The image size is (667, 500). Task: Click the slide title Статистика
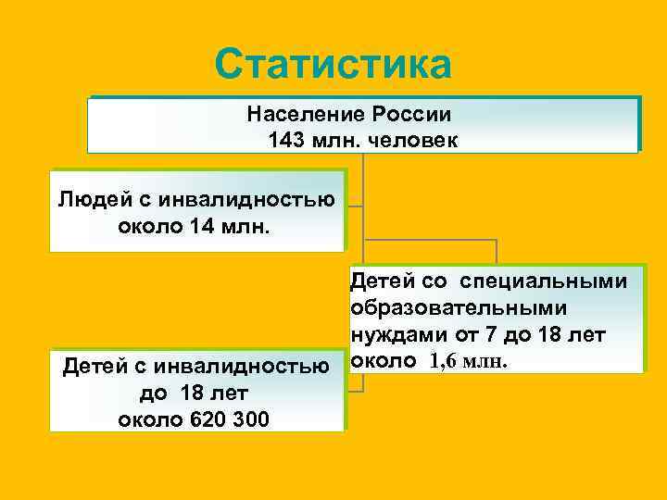point(333,64)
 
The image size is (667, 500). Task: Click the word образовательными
point(459,307)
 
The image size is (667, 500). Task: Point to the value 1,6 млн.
point(468,360)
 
